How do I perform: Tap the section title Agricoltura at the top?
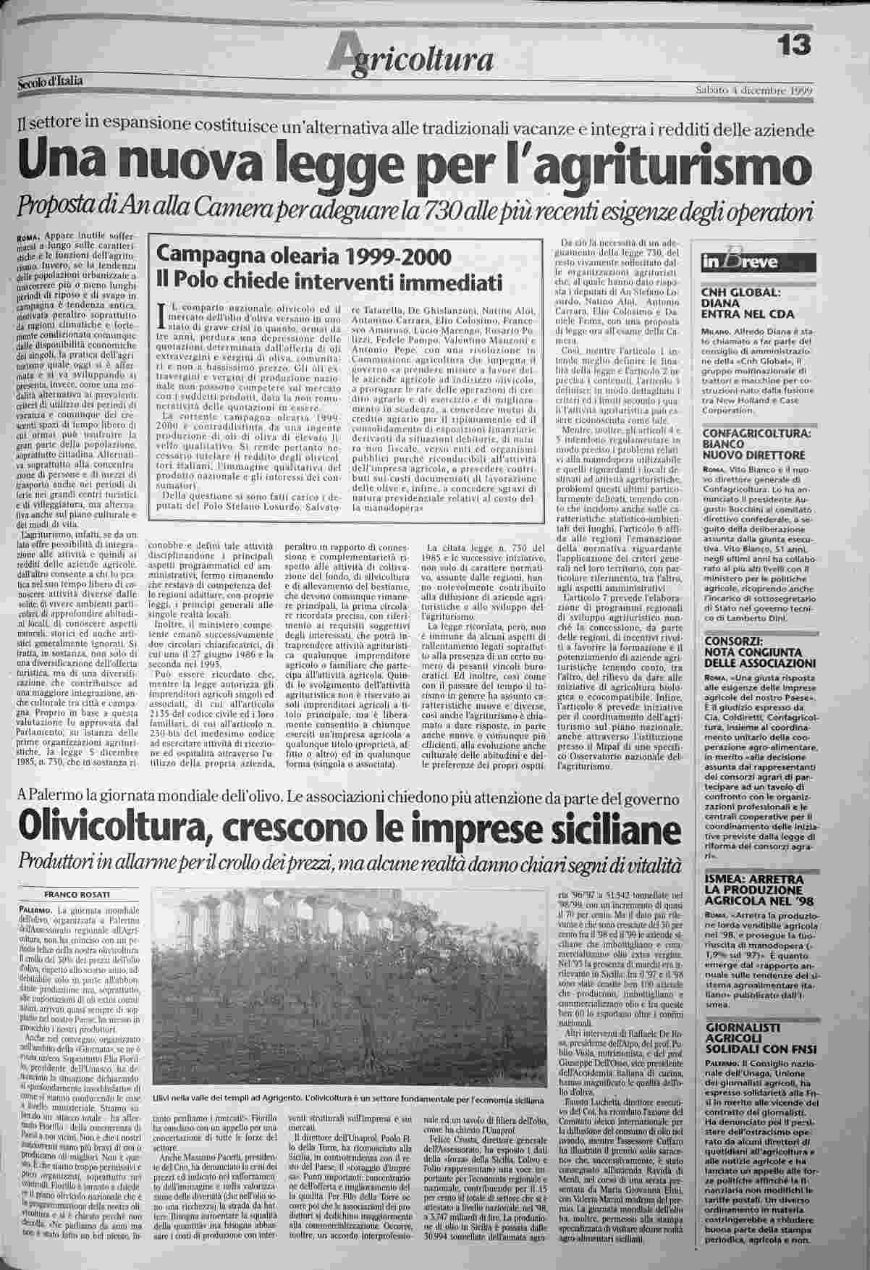(x=412, y=57)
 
